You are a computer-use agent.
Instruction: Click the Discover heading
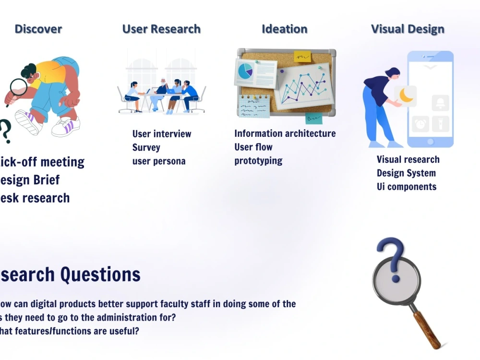(x=38, y=29)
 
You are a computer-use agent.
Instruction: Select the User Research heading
(x=161, y=29)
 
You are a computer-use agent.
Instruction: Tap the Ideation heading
(x=284, y=29)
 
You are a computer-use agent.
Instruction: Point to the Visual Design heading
(x=408, y=29)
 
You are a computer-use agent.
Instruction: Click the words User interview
(x=162, y=134)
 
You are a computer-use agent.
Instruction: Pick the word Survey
(x=146, y=147)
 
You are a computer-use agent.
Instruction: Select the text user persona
(x=158, y=161)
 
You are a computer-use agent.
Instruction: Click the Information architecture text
(x=285, y=133)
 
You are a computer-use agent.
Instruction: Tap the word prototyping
(x=258, y=161)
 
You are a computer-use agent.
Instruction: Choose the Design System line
(x=406, y=173)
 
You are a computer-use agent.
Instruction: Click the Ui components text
(x=407, y=187)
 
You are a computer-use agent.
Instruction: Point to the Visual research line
(x=408, y=160)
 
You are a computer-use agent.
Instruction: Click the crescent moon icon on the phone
(x=407, y=96)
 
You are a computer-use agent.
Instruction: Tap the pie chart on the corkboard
(x=245, y=71)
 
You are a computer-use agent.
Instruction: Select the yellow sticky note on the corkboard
(x=302, y=57)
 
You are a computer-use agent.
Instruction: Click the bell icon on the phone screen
(x=440, y=102)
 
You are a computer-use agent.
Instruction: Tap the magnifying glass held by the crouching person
(x=19, y=87)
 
